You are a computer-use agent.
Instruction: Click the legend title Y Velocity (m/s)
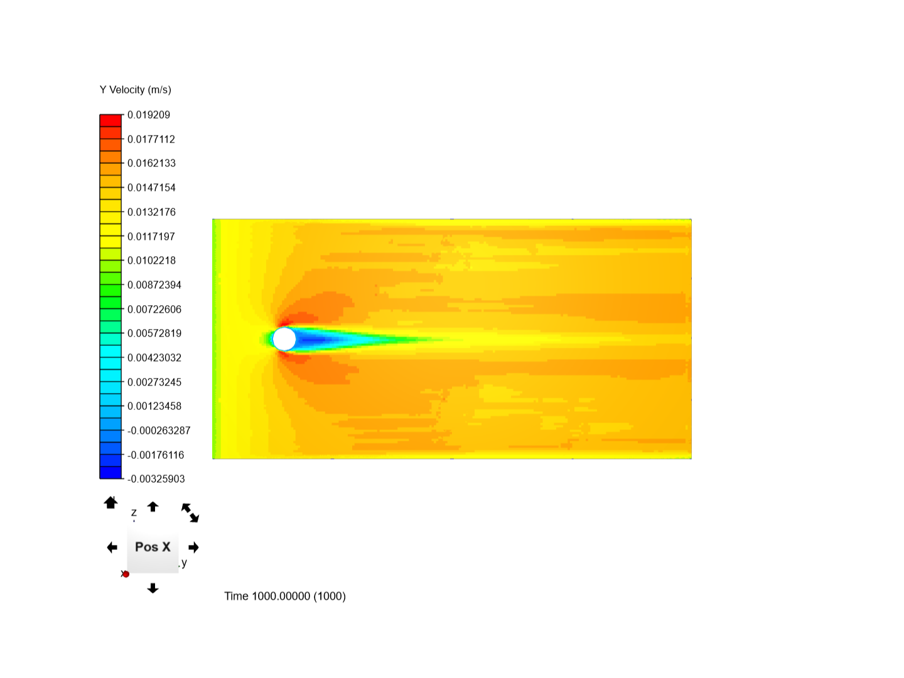click(x=135, y=90)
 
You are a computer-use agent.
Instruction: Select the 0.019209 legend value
click(x=148, y=115)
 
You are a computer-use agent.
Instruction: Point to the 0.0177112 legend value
click(x=151, y=139)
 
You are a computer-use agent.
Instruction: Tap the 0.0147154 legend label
click(x=151, y=188)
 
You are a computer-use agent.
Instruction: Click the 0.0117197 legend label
click(x=151, y=236)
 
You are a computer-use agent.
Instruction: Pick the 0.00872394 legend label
click(x=154, y=285)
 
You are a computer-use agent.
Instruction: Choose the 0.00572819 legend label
click(x=154, y=333)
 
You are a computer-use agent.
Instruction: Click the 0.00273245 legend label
click(x=154, y=382)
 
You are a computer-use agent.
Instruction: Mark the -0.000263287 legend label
click(x=159, y=431)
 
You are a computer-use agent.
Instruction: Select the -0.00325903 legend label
click(x=156, y=479)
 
